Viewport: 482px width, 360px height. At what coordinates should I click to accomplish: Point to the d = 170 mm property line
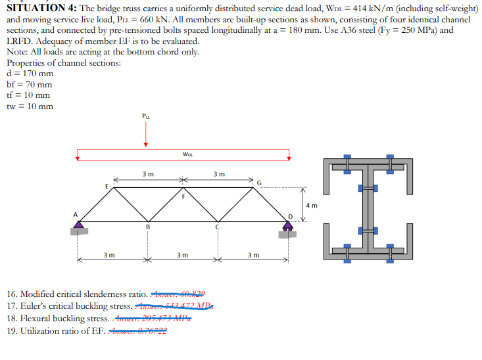[x=30, y=73]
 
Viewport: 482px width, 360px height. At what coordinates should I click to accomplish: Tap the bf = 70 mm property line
[x=30, y=84]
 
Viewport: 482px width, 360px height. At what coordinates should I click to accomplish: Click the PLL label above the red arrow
[x=146, y=117]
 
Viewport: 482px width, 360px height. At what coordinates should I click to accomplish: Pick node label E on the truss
[x=107, y=185]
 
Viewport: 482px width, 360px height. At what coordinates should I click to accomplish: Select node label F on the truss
[x=183, y=195]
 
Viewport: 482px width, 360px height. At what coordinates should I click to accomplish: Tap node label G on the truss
[x=259, y=181]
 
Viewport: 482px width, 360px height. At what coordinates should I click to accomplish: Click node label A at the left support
[x=75, y=214]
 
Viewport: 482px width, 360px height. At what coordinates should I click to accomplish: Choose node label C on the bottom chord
[x=217, y=228]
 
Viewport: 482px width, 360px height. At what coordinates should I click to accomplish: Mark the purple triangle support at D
[x=287, y=225]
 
